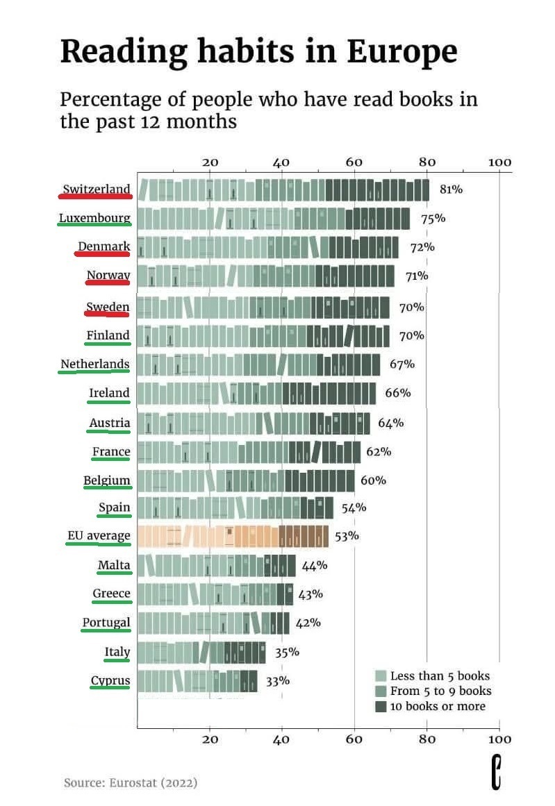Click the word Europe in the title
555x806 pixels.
click(402, 52)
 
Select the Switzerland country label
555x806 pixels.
click(96, 189)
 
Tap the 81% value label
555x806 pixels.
click(451, 189)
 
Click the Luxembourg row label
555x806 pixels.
click(94, 218)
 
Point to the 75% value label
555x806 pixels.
click(433, 218)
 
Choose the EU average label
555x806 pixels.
click(99, 535)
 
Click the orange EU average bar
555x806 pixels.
click(233, 536)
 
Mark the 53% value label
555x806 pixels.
click(347, 535)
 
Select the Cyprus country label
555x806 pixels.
click(110, 680)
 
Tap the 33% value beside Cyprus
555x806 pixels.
click(277, 680)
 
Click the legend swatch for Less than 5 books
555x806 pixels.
click(380, 675)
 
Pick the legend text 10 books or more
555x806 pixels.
click(438, 706)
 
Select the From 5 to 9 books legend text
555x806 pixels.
click(440, 691)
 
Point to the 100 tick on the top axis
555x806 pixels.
click(499, 162)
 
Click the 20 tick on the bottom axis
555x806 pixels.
click(210, 739)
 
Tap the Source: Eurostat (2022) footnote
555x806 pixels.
click(131, 782)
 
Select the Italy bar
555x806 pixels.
click(201, 652)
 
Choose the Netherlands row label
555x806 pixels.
click(94, 364)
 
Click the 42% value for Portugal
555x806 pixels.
click(308, 622)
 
